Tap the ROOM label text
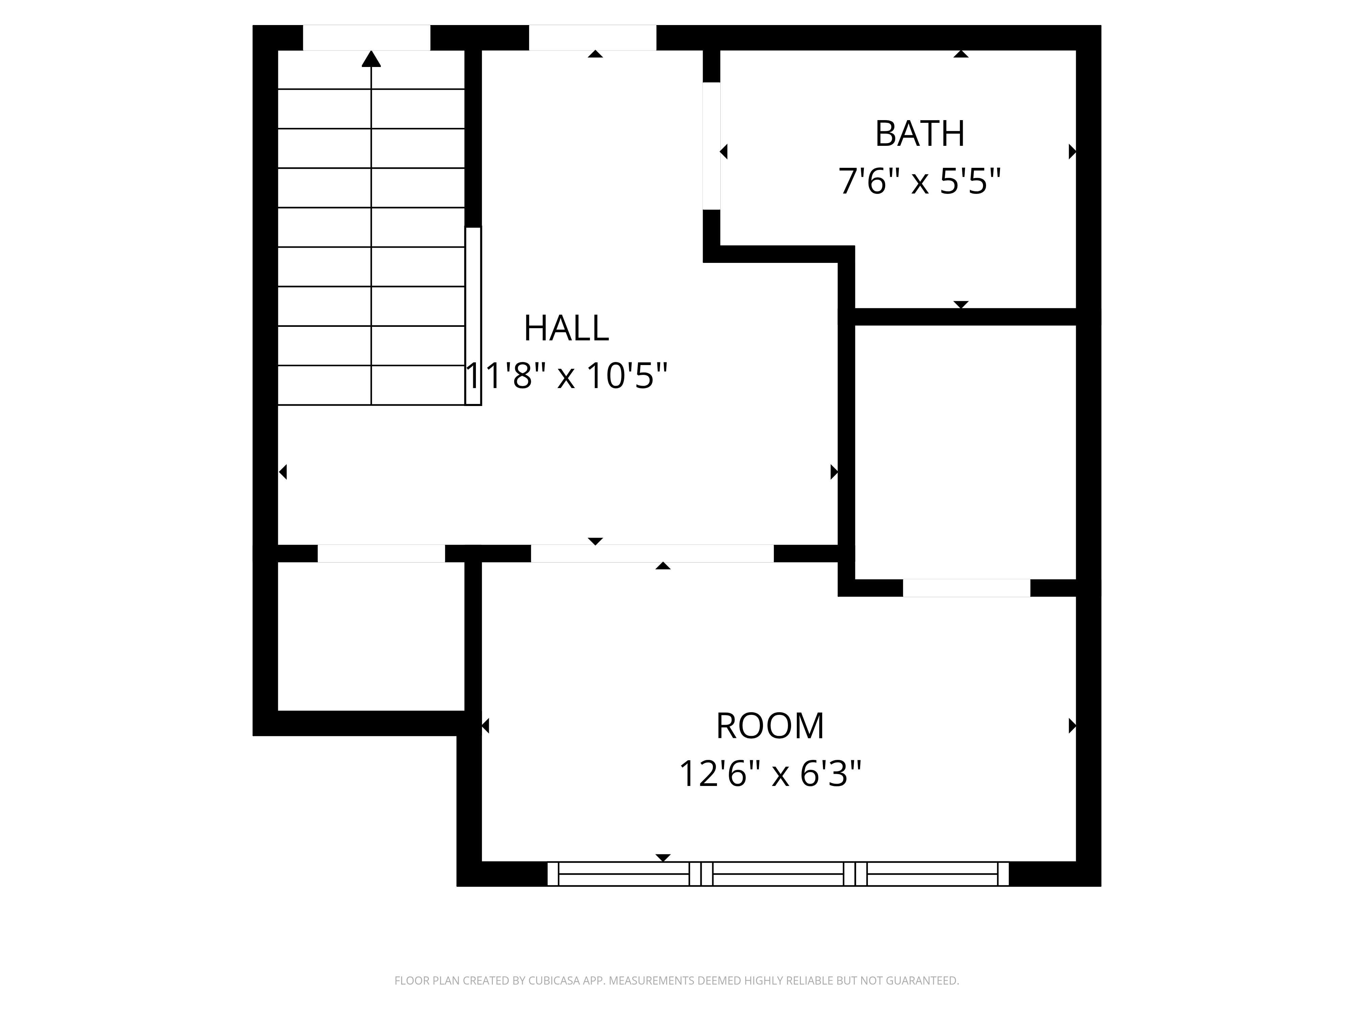pos(770,726)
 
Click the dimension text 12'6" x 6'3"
pos(770,774)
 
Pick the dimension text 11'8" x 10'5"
pos(566,376)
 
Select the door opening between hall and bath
pos(711,145)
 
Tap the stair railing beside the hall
pos(473,316)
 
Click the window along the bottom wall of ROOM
pos(778,874)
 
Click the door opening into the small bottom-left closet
pos(381,553)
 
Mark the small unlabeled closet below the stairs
pos(371,636)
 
